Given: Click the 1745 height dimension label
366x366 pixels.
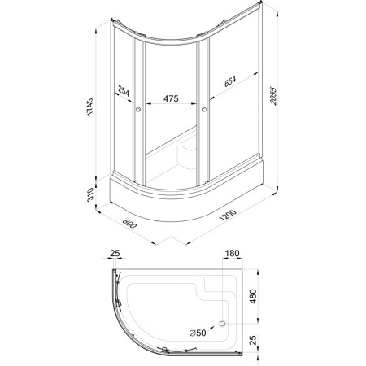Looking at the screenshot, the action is point(89,107).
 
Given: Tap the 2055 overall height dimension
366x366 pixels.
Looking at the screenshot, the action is point(273,96).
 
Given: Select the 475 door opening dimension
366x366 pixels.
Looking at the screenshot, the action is point(171,98).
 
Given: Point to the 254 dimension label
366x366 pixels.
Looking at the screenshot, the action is point(124,91).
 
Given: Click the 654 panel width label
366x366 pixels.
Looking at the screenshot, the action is point(230,81).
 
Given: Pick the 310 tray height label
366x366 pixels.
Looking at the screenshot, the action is point(90,194).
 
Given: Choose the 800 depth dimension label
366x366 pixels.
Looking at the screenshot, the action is point(129,223).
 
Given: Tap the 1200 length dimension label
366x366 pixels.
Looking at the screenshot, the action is point(228,215).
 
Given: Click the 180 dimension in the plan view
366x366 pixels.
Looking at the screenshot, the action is point(233,253).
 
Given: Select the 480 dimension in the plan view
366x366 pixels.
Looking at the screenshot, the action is point(253,296).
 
